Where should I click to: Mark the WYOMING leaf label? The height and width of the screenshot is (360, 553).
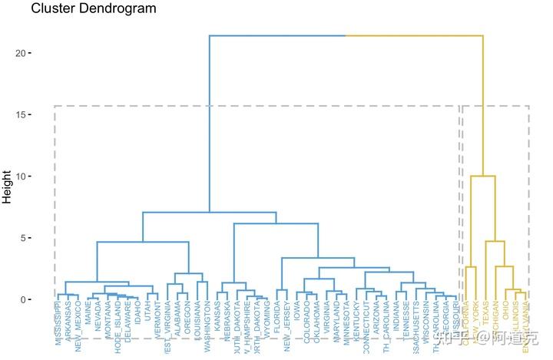267,322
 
